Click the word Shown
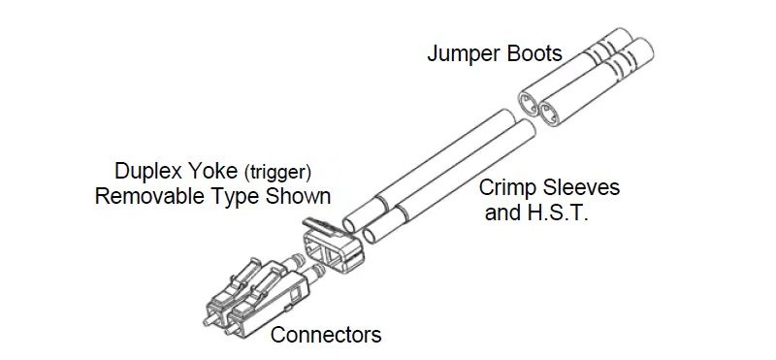tap(300, 197)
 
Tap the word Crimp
tap(507, 186)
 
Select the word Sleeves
tap(578, 186)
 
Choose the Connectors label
tap(326, 336)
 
